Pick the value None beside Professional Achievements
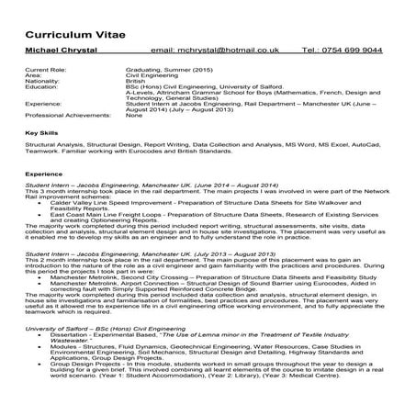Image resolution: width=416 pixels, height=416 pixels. tap(133, 116)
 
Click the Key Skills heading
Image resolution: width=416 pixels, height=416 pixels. tap(40, 134)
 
